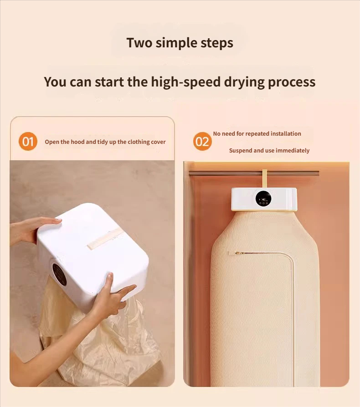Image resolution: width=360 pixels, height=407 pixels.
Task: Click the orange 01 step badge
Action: pos(28,142)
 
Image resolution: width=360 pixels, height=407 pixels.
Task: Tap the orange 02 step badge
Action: pos(202,142)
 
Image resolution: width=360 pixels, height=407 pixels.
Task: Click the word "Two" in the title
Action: pos(139,43)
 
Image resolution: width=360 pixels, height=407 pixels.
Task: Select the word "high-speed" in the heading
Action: pos(186,82)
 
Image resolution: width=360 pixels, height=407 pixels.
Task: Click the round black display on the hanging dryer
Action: pos(263,198)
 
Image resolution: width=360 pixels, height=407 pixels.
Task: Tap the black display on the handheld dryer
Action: pos(59,274)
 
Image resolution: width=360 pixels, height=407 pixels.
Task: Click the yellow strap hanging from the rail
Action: pos(264,178)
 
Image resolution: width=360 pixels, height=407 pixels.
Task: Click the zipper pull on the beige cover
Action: pos(239,253)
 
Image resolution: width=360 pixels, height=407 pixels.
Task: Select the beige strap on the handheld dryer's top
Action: pos(104,239)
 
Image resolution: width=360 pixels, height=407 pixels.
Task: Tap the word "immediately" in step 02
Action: pos(293,151)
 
